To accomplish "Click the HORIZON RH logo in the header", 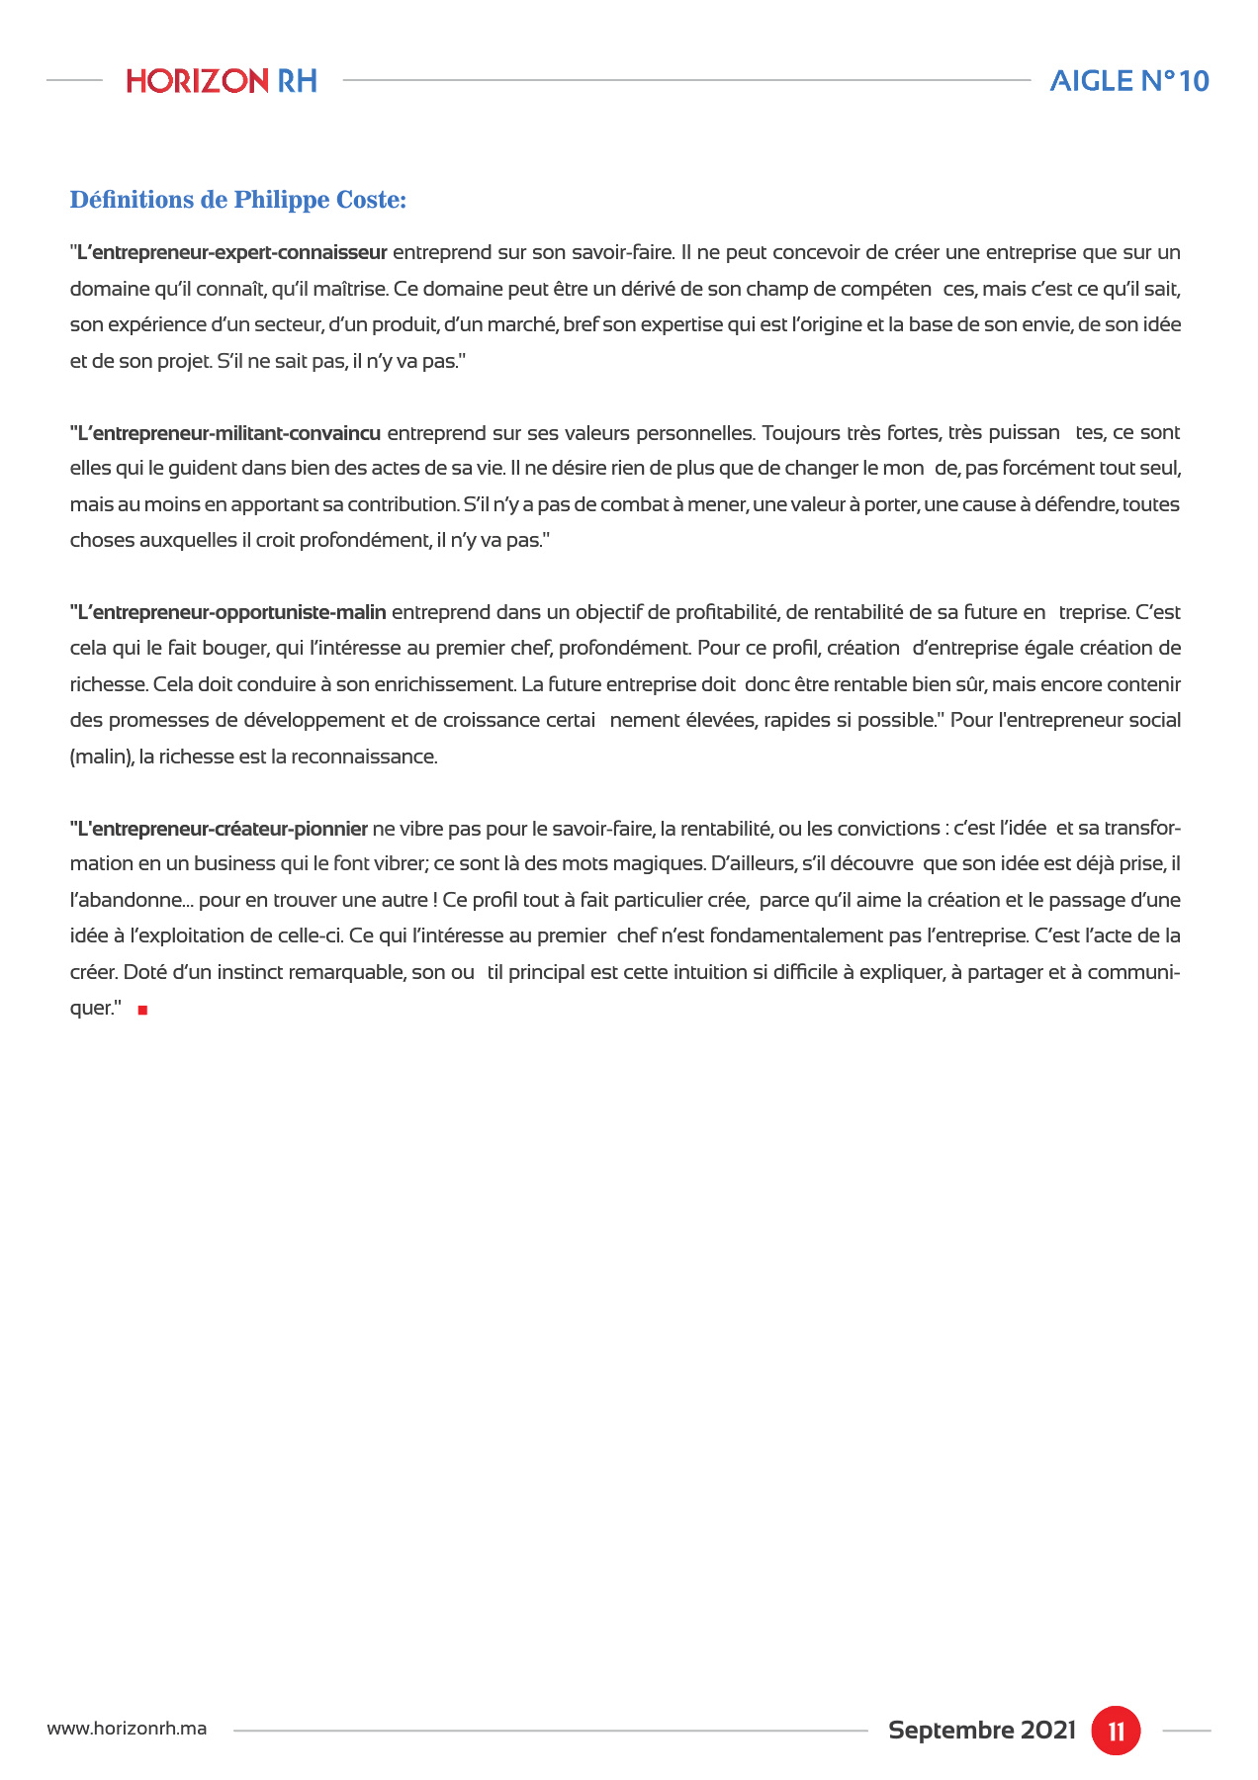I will click(222, 81).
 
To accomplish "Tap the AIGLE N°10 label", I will click(1128, 81).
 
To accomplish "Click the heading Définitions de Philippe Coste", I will click(237, 201).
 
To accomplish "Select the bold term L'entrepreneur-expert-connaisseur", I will click(230, 252).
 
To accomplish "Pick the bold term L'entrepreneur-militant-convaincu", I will click(227, 433).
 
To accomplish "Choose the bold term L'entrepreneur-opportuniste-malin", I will click(230, 612).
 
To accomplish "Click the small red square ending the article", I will click(142, 1010).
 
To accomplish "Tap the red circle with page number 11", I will click(1116, 1731).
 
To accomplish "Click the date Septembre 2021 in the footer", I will click(981, 1731).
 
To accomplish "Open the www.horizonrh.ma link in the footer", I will click(128, 1730).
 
